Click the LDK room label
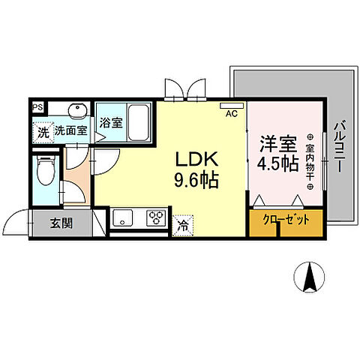click(x=196, y=158)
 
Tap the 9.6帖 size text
click(x=196, y=180)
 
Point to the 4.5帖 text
click(x=277, y=163)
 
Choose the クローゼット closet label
click(x=286, y=220)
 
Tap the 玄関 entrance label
click(x=61, y=222)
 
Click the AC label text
click(x=231, y=114)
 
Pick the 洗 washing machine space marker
click(x=43, y=130)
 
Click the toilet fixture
click(x=46, y=170)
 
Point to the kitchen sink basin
click(x=122, y=219)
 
